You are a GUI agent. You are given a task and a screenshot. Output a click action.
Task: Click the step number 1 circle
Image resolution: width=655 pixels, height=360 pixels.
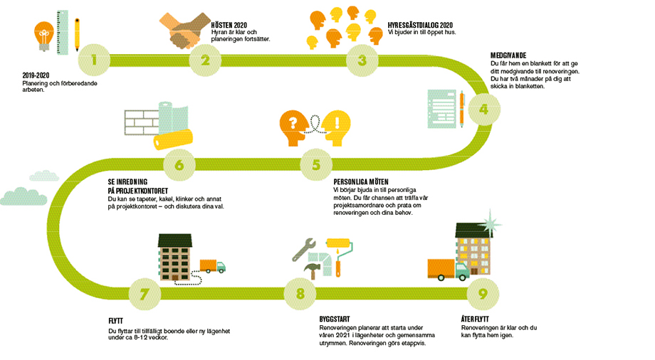95,60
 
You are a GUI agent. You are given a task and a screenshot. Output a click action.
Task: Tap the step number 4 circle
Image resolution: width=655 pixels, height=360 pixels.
483,110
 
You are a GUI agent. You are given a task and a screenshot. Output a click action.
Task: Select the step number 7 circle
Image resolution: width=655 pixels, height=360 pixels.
145,293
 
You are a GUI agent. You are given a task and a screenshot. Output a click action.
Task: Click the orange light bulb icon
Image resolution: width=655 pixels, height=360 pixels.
43,33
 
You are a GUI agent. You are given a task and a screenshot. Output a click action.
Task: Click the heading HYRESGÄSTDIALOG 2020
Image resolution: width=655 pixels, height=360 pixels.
420,24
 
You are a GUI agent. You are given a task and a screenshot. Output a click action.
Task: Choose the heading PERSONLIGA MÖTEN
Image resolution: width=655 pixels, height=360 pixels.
361,182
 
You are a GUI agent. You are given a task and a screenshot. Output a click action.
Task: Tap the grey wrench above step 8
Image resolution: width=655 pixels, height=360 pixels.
308,249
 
